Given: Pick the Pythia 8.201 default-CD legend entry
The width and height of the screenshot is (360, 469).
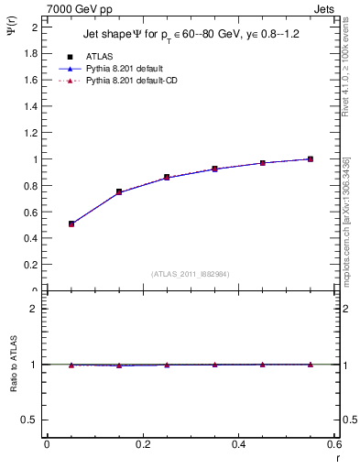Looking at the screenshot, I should (x=136, y=82).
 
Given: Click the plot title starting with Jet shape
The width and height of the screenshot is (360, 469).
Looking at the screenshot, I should (x=191, y=34).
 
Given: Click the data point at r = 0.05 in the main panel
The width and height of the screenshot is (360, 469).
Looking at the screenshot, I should (x=71, y=224).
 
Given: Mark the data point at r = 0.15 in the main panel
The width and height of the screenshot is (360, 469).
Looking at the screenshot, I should (x=119, y=191).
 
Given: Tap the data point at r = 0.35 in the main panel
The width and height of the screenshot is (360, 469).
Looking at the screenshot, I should (x=214, y=169).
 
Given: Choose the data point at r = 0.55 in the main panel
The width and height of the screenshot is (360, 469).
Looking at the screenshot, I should (x=311, y=158).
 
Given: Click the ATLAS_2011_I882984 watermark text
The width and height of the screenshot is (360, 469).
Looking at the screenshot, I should (x=191, y=273).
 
